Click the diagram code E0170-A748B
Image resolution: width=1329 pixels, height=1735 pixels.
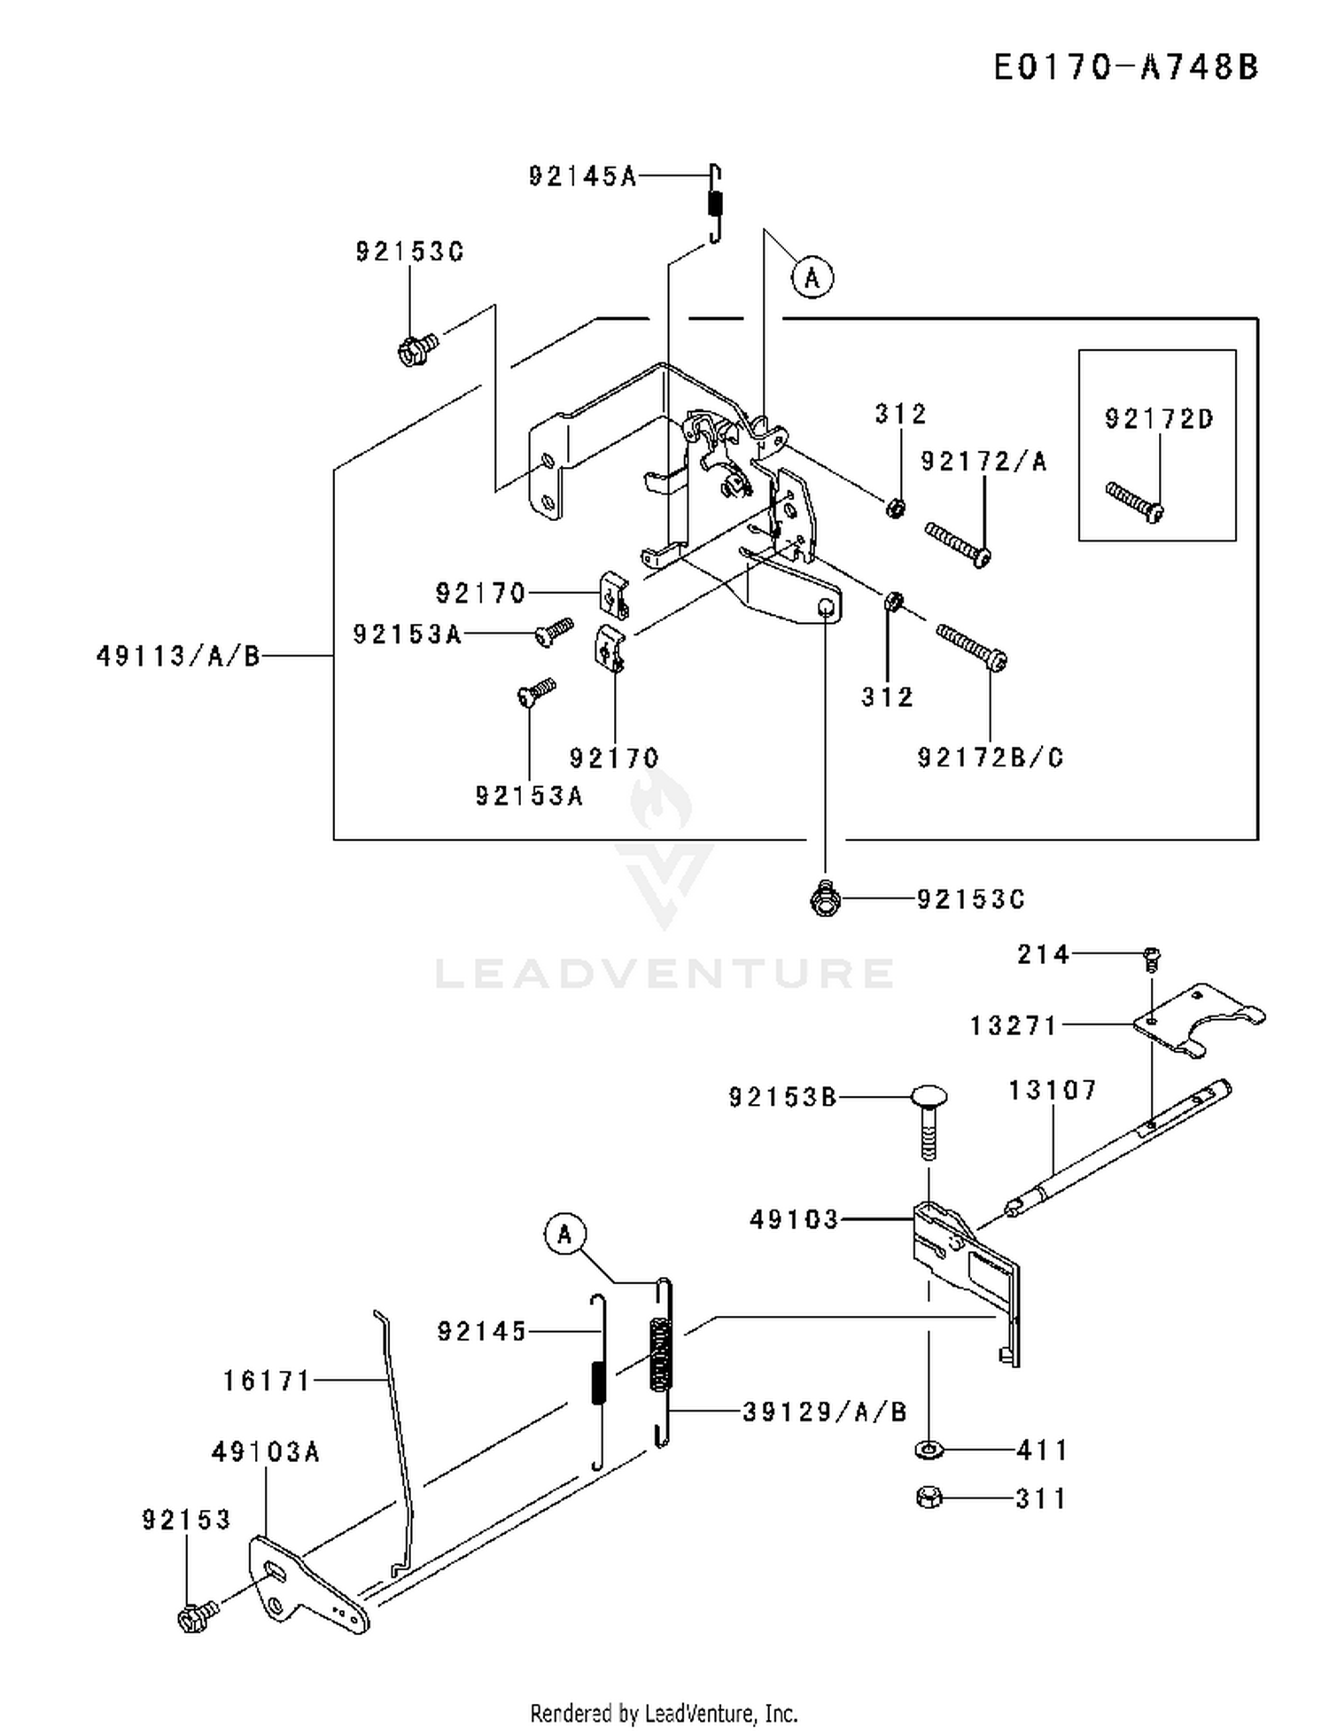1125,67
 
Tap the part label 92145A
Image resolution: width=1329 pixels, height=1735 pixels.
582,176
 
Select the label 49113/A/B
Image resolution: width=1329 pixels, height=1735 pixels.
178,656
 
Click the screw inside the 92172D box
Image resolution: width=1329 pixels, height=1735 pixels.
1135,501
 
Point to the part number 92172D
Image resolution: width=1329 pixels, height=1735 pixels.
1159,418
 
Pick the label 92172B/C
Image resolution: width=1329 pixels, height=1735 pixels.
990,758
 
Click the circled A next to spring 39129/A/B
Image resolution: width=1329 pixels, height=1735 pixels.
566,1233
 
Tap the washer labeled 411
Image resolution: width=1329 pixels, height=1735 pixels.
929,1450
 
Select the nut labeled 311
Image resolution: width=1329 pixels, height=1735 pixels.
929,1498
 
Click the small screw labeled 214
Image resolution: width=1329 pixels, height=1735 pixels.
1152,956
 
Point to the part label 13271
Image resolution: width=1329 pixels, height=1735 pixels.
1014,1025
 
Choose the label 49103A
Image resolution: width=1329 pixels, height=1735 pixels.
265,1451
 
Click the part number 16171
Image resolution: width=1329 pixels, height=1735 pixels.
266,1381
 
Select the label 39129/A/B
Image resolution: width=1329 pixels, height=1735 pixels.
825,1412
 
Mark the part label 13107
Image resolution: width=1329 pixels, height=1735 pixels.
1053,1090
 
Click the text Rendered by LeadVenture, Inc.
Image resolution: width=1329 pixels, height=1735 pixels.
664,1714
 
